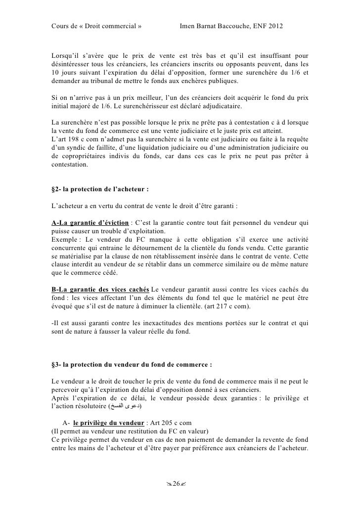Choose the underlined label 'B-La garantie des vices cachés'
pos(100,288)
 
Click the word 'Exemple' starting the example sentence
pos(64,240)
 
